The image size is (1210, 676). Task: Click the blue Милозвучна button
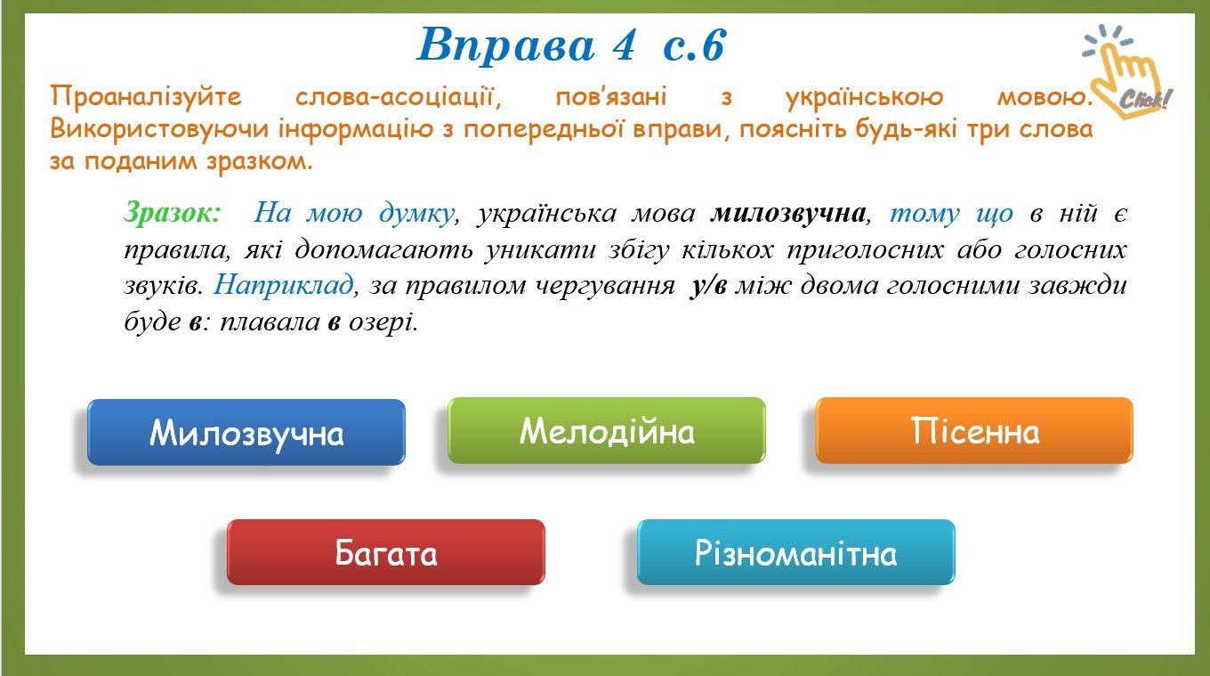coord(246,432)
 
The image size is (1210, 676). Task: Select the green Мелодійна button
coord(607,430)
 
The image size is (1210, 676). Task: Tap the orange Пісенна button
coord(974,430)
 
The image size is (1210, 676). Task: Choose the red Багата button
coord(386,552)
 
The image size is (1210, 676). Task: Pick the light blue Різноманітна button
coord(796,552)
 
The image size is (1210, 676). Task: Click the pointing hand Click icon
coord(1126,70)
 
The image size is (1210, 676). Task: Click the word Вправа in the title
coord(506,45)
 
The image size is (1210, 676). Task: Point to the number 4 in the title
coord(624,45)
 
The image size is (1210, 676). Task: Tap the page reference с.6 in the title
coord(695,45)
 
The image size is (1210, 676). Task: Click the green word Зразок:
coord(173,213)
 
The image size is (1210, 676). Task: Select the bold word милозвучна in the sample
coord(788,213)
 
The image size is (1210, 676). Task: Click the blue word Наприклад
coord(284,284)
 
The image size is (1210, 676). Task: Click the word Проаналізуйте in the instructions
coord(146,98)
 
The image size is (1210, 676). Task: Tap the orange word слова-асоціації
coord(398,97)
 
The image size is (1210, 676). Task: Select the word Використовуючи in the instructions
coord(159,130)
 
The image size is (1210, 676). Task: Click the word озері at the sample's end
coord(383,322)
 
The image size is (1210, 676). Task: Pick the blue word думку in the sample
coord(416,213)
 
